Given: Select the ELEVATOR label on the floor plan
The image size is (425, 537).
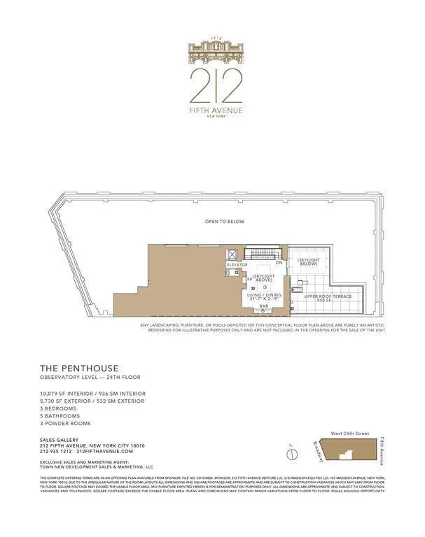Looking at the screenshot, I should coord(237,265).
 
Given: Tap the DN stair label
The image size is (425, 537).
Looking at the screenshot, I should coord(279,264).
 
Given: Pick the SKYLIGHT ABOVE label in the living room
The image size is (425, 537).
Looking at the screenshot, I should coord(263,278).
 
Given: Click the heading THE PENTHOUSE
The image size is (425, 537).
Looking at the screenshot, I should coord(79,368).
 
